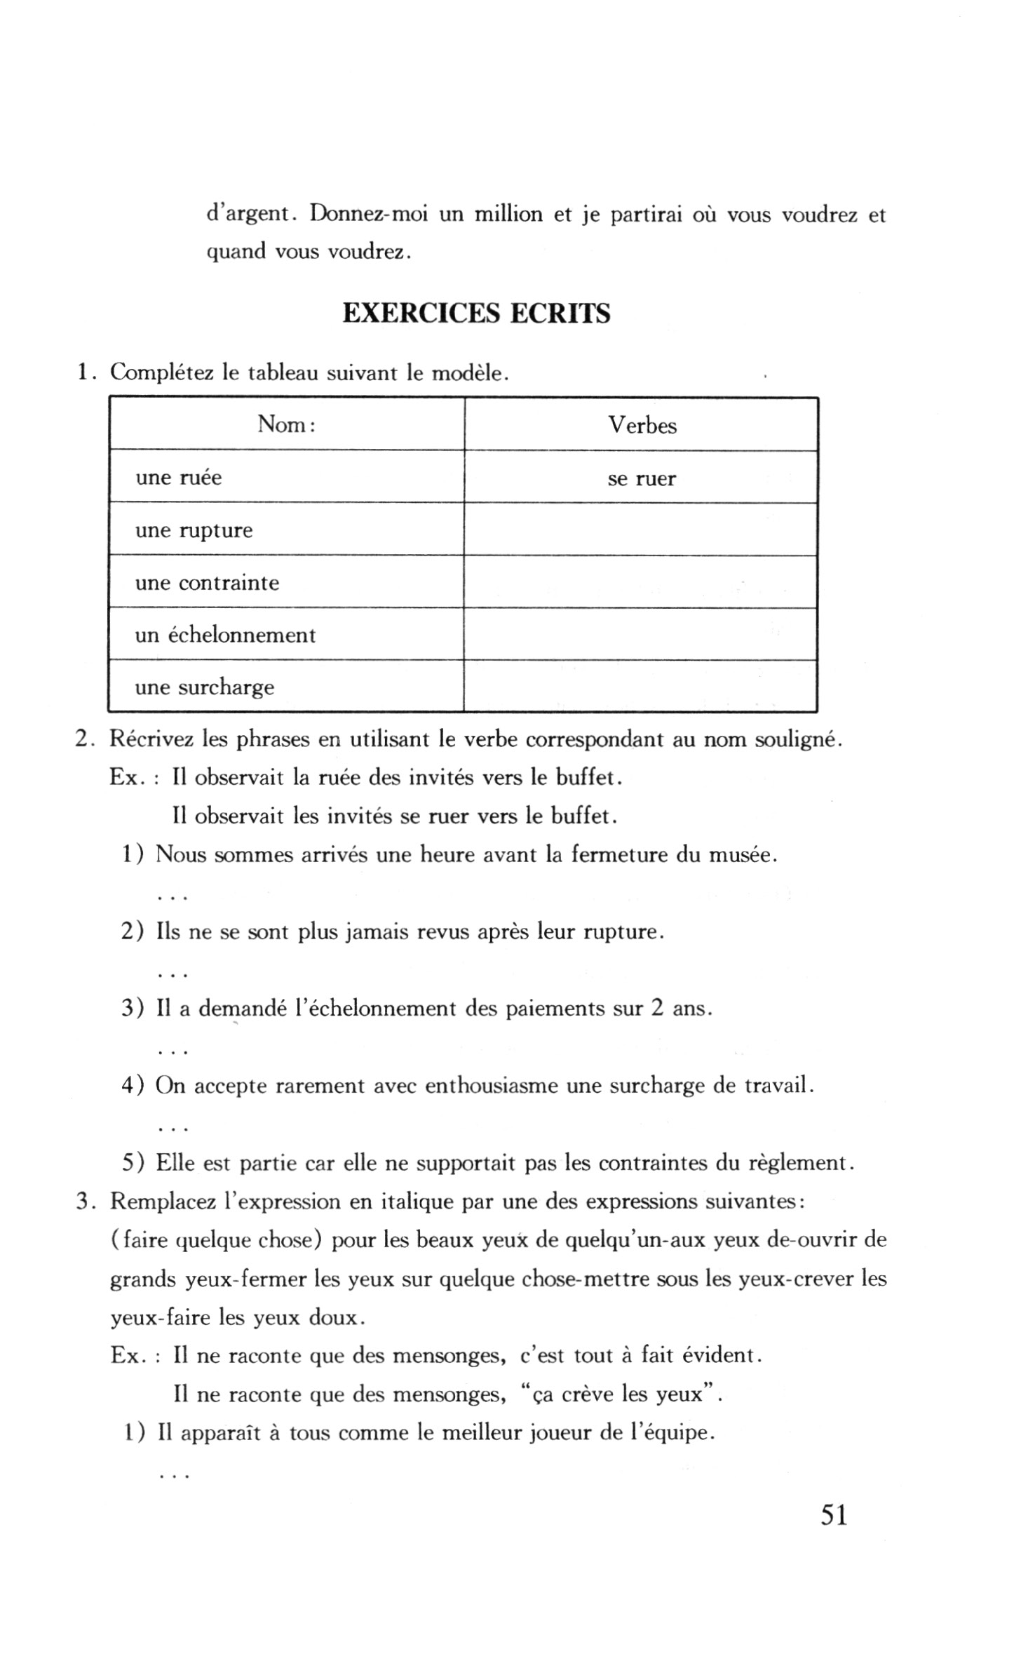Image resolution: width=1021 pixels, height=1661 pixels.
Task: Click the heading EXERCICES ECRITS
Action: click(x=476, y=314)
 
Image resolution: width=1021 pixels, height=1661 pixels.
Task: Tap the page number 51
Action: click(x=834, y=1515)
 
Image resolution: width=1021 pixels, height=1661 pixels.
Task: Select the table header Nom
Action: click(x=286, y=424)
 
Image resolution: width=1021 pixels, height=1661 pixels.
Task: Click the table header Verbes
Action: click(x=642, y=425)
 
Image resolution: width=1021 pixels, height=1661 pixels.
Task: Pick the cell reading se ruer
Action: click(x=642, y=479)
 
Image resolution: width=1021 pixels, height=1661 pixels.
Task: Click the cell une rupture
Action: click(x=194, y=530)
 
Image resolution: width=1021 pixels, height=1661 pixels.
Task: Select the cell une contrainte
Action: click(x=207, y=583)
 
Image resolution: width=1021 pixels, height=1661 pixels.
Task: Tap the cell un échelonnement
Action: click(x=225, y=636)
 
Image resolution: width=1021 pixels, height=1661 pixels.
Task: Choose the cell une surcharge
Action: click(x=204, y=687)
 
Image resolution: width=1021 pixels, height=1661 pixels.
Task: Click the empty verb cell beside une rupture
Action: click(x=641, y=530)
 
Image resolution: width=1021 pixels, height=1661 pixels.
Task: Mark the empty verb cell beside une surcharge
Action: click(x=641, y=686)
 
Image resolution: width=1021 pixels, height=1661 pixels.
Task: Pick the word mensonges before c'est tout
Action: click(x=449, y=1355)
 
